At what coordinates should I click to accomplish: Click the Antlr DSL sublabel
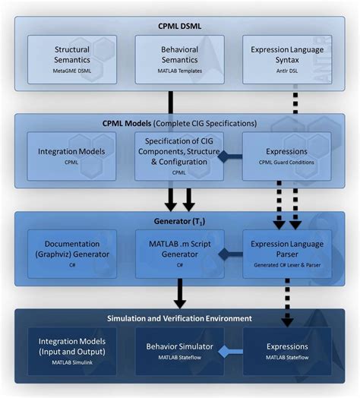click(x=286, y=70)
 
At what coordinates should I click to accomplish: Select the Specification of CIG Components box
click(x=179, y=156)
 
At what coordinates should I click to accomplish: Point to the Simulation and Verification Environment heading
click(x=180, y=317)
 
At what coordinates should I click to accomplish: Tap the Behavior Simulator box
click(x=179, y=351)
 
